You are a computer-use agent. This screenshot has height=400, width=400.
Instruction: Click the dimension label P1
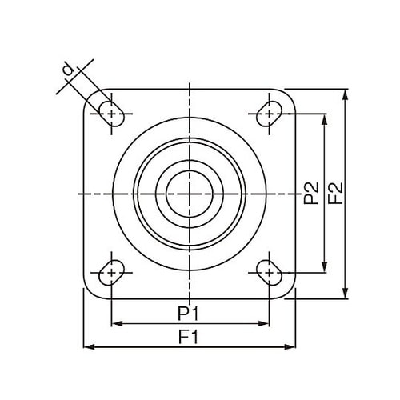click(x=188, y=314)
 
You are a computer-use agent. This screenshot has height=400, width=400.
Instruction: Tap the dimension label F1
click(x=189, y=337)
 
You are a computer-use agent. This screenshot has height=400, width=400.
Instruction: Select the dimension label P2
click(x=311, y=193)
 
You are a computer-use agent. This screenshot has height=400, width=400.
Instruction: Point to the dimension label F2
click(x=335, y=193)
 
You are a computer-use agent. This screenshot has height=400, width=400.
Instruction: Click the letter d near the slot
click(x=68, y=70)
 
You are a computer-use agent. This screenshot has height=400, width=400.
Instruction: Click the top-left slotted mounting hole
click(x=111, y=114)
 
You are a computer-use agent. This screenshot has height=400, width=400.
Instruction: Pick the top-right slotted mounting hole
click(x=269, y=114)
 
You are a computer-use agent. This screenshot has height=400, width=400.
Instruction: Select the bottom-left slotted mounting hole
click(x=111, y=272)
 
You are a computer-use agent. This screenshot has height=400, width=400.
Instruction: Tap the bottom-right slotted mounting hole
click(x=269, y=272)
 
